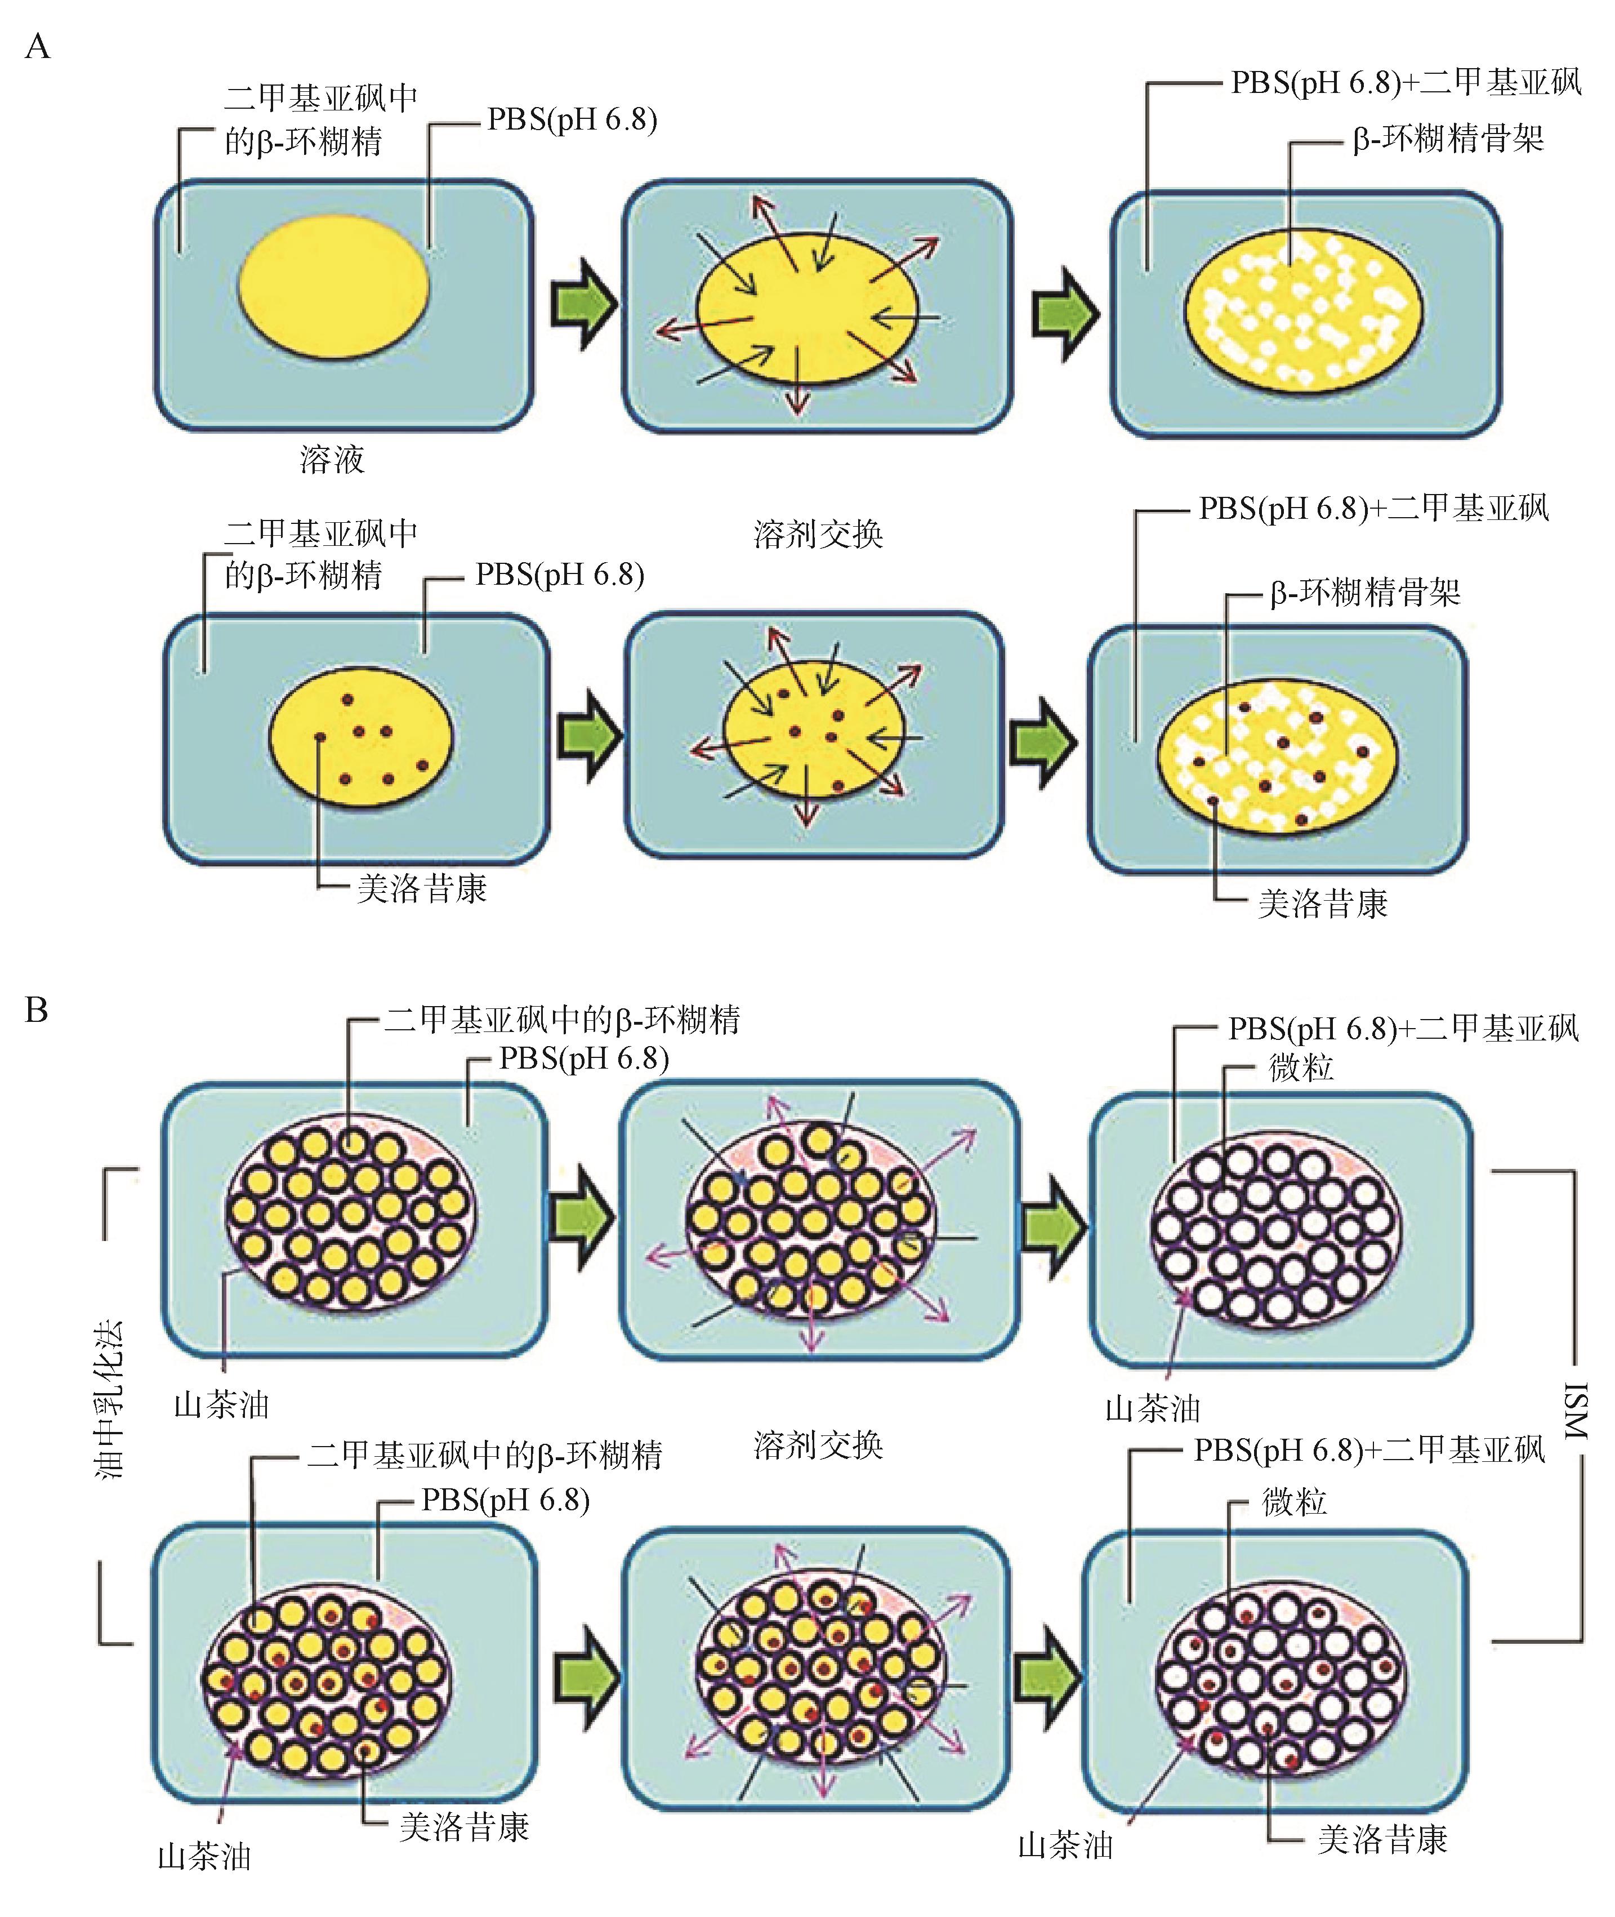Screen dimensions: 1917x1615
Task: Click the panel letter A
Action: click(x=38, y=45)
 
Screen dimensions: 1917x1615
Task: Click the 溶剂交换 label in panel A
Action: click(x=818, y=534)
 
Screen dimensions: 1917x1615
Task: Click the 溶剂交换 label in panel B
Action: click(x=818, y=1445)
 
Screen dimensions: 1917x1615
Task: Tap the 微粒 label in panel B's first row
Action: click(x=1301, y=1069)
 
